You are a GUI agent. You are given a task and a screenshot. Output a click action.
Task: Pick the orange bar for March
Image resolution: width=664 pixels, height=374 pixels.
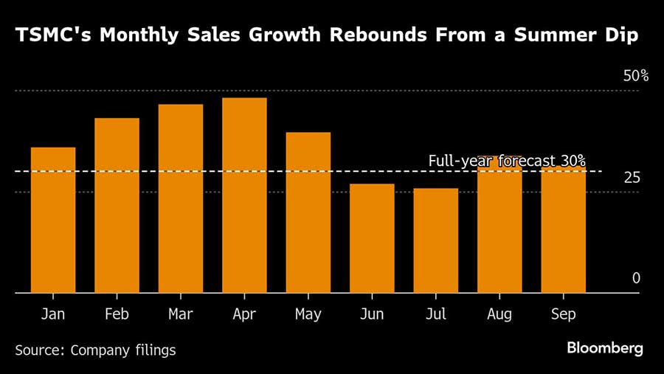tap(181, 198)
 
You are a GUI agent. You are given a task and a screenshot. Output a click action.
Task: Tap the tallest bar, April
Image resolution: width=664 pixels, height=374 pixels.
tap(244, 195)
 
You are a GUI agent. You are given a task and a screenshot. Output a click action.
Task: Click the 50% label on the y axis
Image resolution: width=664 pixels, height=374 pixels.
tap(635, 76)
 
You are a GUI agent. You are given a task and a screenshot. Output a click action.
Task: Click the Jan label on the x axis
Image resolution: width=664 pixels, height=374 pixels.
tap(53, 314)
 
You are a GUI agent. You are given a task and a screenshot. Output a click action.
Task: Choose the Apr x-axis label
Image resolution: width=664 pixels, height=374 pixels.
tap(244, 314)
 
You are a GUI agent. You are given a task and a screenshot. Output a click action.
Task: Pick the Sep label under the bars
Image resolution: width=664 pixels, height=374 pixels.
tap(564, 314)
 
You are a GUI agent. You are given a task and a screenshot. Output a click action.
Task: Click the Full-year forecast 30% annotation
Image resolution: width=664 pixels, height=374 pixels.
tap(507, 160)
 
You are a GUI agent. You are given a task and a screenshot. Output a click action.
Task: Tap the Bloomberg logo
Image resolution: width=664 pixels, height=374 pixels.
tap(605, 348)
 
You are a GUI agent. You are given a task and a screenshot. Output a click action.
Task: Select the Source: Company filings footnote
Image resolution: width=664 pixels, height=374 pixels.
tap(95, 350)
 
